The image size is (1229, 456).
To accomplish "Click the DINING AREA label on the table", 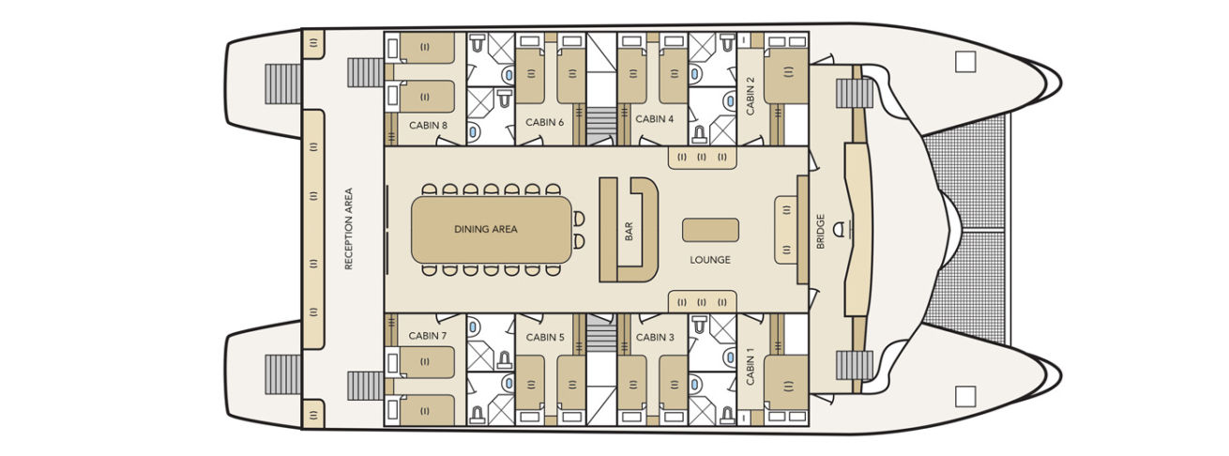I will tap(486, 229).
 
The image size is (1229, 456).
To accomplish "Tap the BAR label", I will tap(629, 230).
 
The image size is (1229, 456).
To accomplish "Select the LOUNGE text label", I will tap(709, 260).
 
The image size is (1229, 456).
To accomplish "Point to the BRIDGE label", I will tap(821, 230).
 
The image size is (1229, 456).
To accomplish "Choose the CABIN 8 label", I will tap(428, 123).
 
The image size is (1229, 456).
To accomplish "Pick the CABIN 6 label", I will tap(544, 122).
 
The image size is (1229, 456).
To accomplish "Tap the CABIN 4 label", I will tap(654, 119).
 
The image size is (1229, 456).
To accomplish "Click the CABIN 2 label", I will tap(751, 95).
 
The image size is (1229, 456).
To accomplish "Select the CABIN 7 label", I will tap(428, 335).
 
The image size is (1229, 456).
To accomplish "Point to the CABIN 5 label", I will tap(544, 337).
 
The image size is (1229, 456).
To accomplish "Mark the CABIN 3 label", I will tap(654, 337).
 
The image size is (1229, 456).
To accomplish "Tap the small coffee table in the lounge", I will tap(709, 229).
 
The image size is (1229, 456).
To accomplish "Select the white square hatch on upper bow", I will tap(965, 62).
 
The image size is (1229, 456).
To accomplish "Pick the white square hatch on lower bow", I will tap(965, 396).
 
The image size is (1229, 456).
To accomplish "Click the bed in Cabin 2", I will tap(786, 77).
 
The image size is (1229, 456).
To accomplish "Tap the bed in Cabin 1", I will tap(786, 382).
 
